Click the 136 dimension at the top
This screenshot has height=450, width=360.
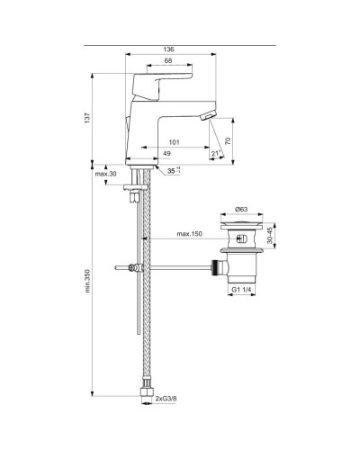pos(168,50)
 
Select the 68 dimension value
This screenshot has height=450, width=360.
pos(169,61)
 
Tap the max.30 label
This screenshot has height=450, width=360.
pos(106,174)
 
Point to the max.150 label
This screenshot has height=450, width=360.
pos(188,236)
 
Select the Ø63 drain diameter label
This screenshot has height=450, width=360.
pos(241,209)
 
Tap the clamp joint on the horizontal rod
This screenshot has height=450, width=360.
pos(135,268)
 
